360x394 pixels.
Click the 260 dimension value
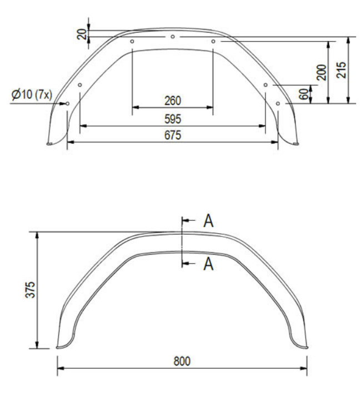(172, 100)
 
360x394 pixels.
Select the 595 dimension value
(172, 119)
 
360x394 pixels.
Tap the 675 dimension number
(172, 135)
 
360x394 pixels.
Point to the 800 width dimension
(182, 361)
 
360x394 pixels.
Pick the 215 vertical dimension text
(342, 69)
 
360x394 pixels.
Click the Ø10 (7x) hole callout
(31, 95)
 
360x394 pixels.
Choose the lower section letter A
(208, 264)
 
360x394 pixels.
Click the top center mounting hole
(173, 37)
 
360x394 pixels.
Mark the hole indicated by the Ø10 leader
(67, 103)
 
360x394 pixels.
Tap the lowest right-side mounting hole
(278, 103)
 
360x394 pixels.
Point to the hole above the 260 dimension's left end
(132, 42)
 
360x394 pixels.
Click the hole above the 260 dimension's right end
(213, 42)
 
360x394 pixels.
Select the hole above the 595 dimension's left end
(80, 85)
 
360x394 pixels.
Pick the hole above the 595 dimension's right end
(266, 85)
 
